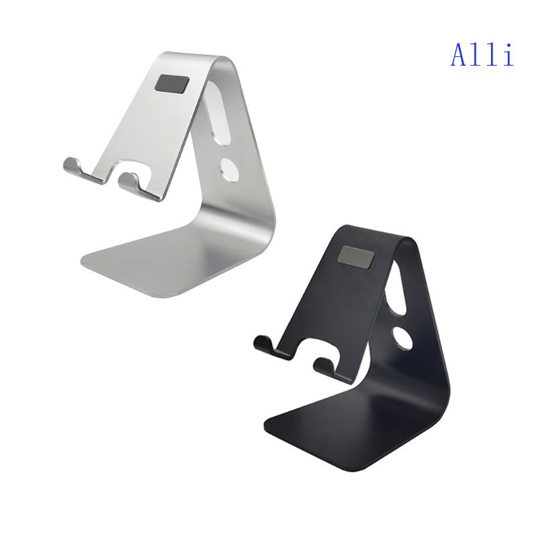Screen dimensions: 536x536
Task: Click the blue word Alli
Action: pos(482,54)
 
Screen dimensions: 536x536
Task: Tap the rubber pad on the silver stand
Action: pos(172,84)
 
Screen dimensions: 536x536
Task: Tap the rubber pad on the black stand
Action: pos(355,255)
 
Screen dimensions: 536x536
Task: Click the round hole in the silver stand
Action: pos(229,168)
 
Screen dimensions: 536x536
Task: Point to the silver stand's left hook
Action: pos(75,167)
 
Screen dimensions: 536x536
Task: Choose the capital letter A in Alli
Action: pos(460,54)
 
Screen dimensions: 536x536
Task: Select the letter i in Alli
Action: pos(507,54)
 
